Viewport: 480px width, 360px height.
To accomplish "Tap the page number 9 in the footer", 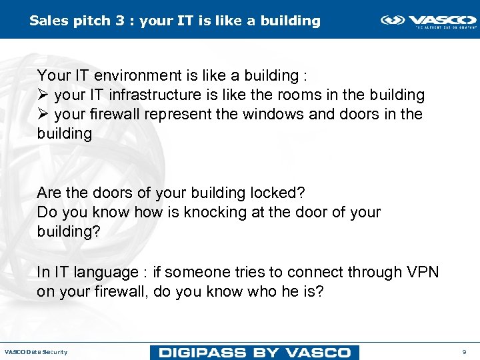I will pos(464,351).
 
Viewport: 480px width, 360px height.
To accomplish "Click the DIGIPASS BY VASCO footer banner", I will pos(255,352).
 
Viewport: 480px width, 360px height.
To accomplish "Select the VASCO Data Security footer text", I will pos(36,352).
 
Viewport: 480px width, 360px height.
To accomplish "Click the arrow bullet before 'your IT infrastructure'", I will pos(43,95).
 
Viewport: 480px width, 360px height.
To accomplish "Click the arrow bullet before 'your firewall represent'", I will pos(43,115).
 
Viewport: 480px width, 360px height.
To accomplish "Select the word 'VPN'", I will pos(421,272).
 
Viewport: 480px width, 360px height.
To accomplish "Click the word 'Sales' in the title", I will pos(47,21).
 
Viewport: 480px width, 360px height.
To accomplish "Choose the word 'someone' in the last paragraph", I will pos(193,272).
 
